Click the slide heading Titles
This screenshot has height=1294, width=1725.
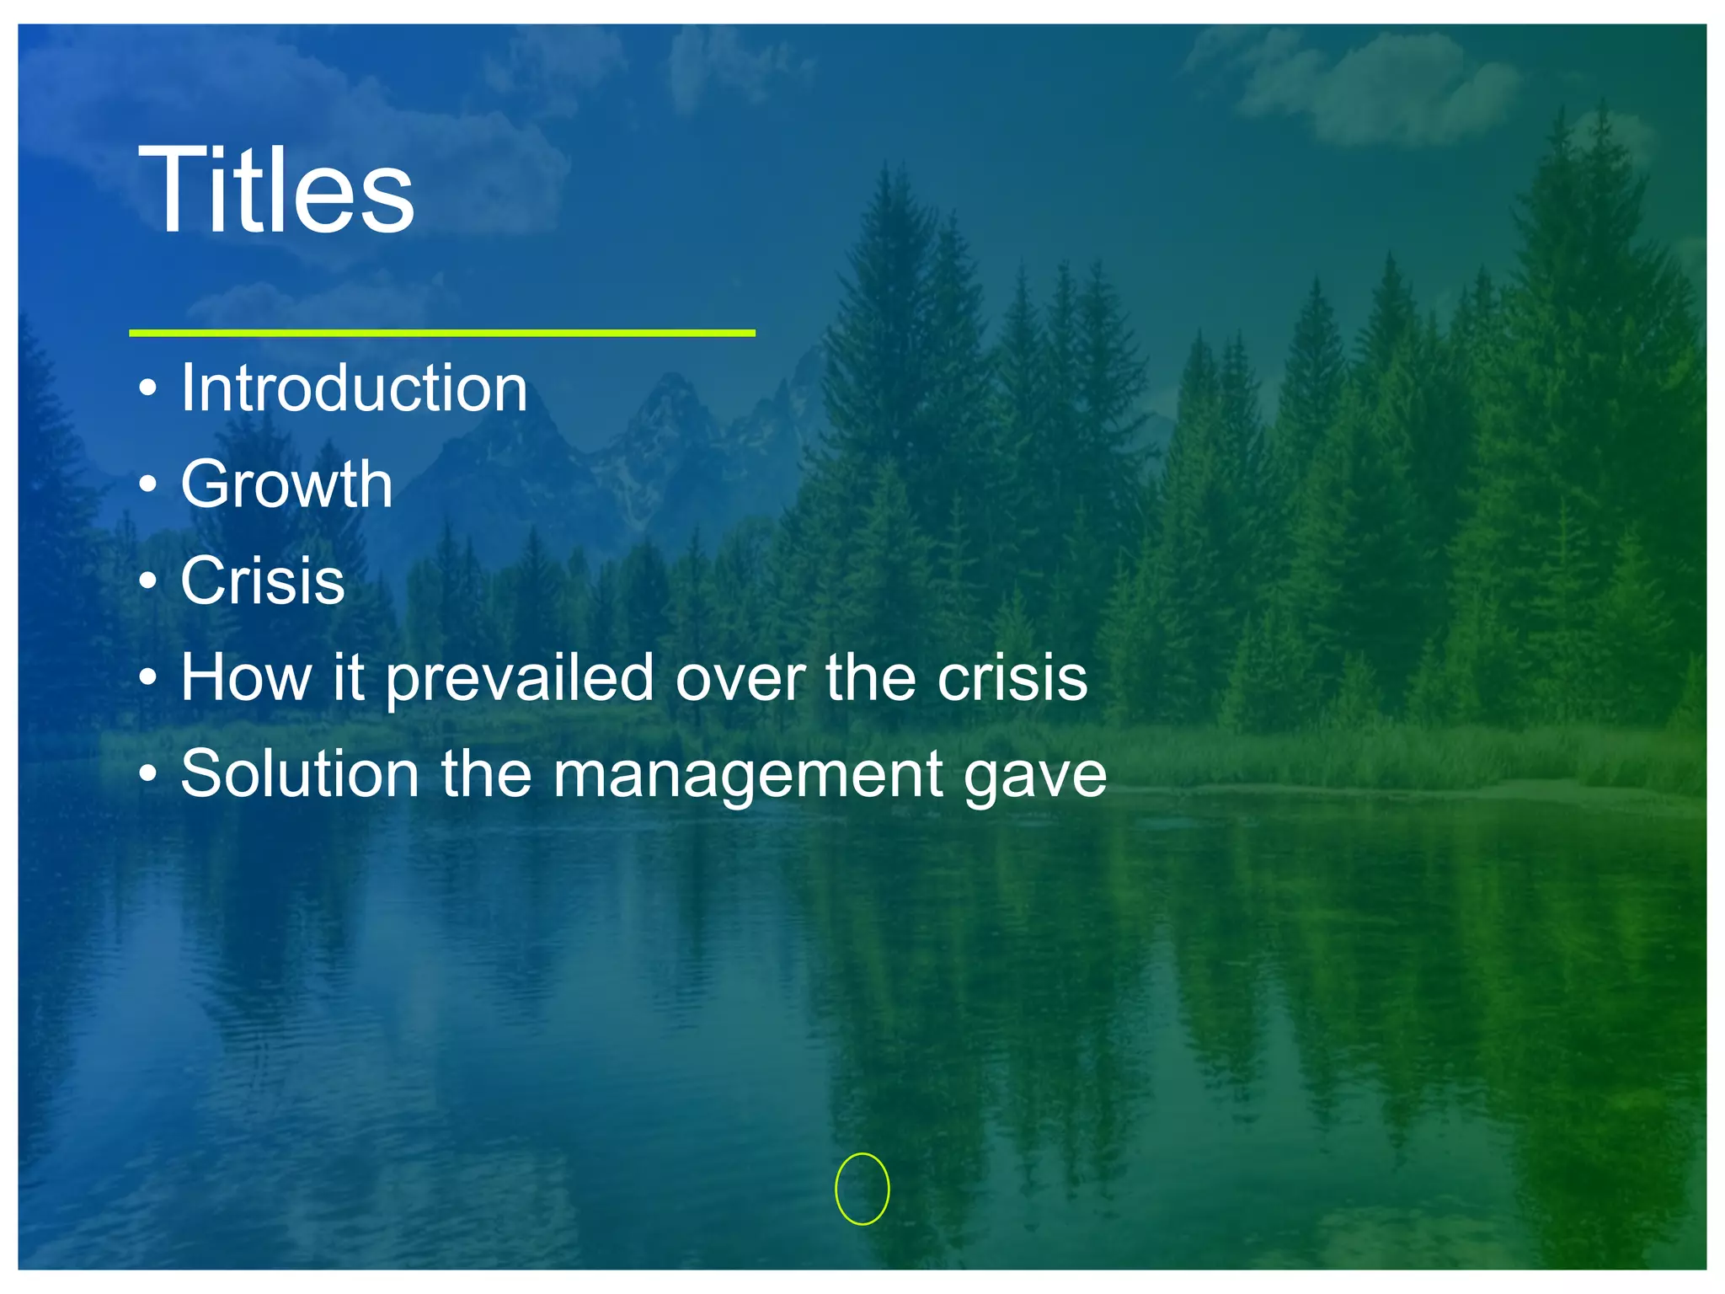tap(276, 190)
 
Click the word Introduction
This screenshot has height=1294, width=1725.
tap(354, 388)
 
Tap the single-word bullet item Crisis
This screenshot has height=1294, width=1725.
tap(263, 581)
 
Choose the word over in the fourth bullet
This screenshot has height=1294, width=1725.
tap(740, 679)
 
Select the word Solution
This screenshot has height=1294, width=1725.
tap(300, 774)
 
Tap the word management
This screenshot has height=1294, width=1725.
tap(748, 776)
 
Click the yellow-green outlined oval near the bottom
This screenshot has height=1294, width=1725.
tap(862, 1189)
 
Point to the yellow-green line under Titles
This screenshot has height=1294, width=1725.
tap(441, 334)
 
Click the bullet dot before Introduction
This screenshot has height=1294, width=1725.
tap(148, 389)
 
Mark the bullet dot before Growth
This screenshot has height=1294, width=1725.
tap(148, 485)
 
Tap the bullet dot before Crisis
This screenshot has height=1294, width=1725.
tap(148, 581)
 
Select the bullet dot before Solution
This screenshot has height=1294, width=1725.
tap(148, 774)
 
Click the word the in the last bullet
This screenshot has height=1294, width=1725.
tap(486, 774)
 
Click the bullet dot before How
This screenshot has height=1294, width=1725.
tap(148, 677)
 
